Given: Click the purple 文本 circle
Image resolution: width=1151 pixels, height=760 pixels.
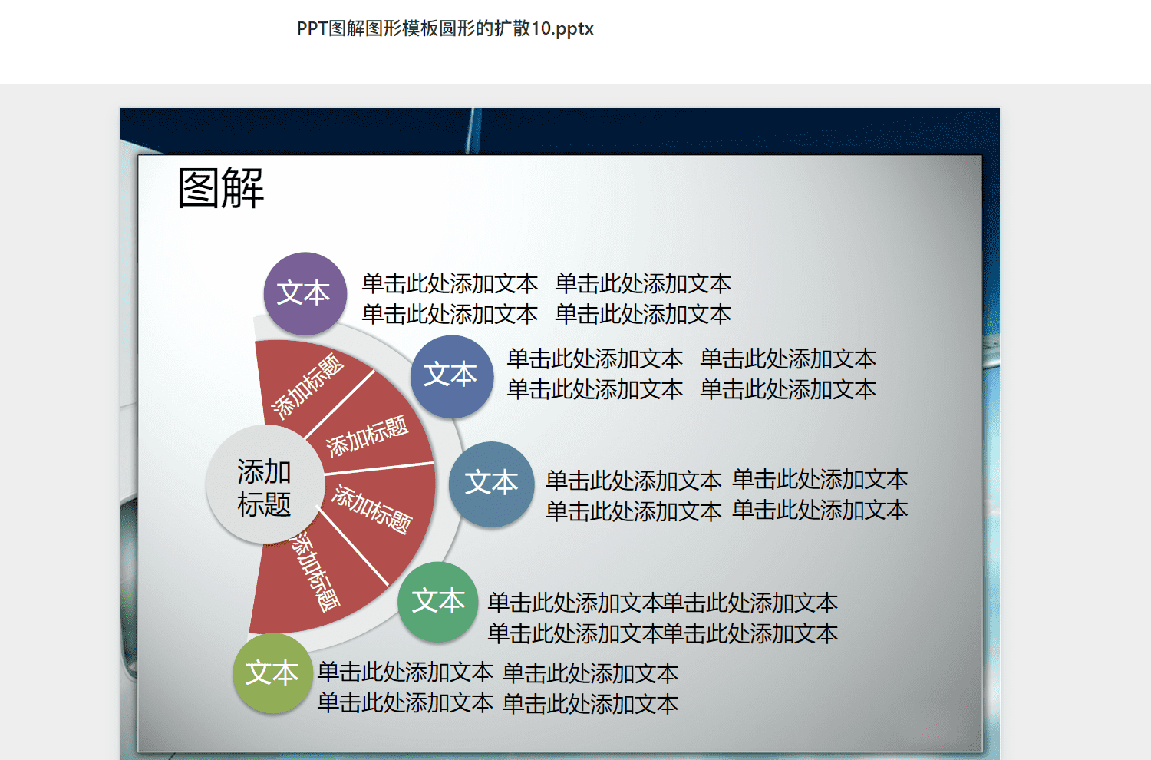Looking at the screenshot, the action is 305,293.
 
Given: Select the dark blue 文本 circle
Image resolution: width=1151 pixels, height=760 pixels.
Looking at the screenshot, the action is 452,376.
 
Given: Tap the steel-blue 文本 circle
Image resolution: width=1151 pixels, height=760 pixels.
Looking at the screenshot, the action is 491,484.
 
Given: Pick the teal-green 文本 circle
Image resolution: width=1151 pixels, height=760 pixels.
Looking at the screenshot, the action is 438,602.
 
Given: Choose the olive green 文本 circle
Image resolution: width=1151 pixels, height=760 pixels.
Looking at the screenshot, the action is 273,673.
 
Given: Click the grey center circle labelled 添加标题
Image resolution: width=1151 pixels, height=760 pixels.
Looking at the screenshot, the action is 265,484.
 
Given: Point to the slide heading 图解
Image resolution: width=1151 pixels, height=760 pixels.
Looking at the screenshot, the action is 221,188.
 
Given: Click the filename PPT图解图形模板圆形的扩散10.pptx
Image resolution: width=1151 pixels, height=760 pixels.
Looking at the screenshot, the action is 445,28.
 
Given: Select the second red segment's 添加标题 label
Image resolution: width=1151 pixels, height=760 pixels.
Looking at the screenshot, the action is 367,437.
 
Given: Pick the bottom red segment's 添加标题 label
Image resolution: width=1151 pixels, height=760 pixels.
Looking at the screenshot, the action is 315,572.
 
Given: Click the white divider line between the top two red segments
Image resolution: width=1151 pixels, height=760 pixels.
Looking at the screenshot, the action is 340,404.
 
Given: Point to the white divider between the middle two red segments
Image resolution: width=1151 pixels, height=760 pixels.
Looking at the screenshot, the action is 379,468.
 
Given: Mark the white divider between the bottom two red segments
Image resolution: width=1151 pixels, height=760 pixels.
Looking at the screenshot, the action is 352,547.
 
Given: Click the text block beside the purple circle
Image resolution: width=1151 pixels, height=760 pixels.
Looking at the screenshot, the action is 546,299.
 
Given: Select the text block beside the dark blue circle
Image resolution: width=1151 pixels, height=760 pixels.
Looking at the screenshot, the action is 691,374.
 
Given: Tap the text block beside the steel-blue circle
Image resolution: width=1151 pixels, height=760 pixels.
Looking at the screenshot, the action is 727,495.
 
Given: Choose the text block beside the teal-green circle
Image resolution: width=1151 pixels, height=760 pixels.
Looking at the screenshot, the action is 663,617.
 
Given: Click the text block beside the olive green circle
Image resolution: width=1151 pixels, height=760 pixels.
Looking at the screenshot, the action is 498,688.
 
